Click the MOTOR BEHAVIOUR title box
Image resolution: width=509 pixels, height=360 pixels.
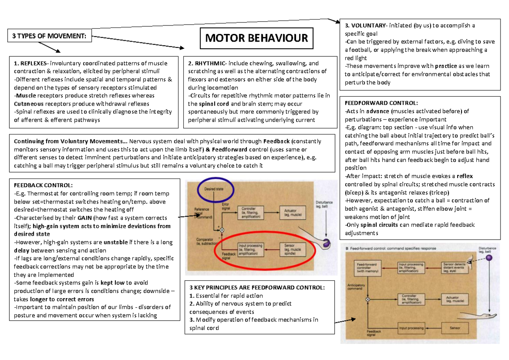click(x=257, y=39)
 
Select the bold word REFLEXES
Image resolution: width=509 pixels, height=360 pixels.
click(x=32, y=64)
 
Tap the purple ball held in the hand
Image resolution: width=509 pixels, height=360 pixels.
click(x=326, y=243)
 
